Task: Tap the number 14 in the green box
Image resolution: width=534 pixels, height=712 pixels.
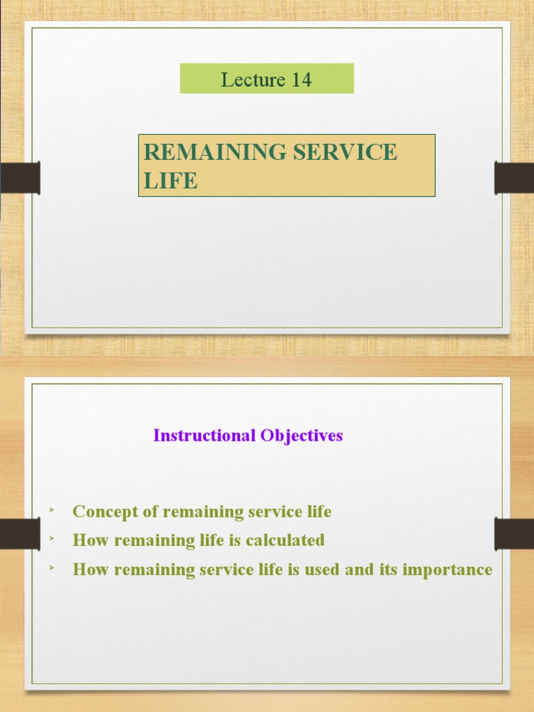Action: pyautogui.click(x=301, y=79)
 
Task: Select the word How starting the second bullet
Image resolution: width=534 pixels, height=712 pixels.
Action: pyautogui.click(x=88, y=540)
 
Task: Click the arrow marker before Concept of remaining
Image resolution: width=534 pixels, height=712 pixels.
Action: pyautogui.click(x=51, y=511)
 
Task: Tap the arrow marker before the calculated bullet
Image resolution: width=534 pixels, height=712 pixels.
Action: pyautogui.click(x=51, y=540)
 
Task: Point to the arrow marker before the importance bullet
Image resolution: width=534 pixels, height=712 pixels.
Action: pyautogui.click(x=51, y=569)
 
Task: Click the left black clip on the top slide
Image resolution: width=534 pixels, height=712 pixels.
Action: pyautogui.click(x=20, y=177)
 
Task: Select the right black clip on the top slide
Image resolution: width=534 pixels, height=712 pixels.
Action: pyautogui.click(x=514, y=177)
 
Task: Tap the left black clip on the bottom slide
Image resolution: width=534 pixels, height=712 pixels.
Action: pyautogui.click(x=20, y=533)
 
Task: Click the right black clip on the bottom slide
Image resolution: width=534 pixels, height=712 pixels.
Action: pyautogui.click(x=514, y=533)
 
